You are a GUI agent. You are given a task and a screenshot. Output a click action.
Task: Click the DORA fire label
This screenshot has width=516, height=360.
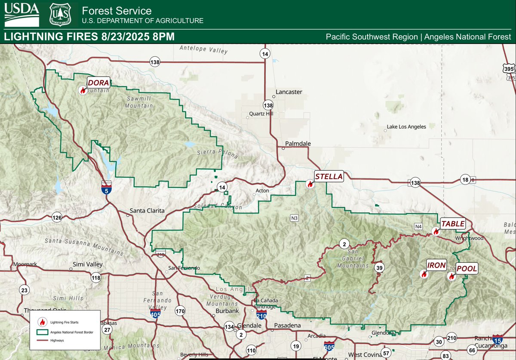pos(99,82)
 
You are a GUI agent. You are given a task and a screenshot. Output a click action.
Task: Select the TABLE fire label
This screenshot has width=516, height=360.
pos(453,224)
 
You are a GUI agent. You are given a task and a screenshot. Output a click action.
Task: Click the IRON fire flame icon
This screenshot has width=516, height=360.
pos(424,274)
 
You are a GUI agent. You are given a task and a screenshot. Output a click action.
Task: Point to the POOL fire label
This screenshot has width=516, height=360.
pos(467,268)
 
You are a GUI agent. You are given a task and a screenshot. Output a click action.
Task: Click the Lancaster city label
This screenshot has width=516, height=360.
pos(289,92)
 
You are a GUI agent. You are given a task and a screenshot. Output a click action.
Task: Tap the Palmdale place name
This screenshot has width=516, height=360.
pos(298,143)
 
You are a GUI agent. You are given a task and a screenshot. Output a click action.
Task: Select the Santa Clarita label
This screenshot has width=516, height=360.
pos(148,211)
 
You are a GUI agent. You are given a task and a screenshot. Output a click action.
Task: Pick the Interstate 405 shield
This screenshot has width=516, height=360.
pos(156,314)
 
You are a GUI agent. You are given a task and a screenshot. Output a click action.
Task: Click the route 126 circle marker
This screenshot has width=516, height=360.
pos(57,217)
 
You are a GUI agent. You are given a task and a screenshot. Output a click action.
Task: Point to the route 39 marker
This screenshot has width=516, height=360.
pos(379,268)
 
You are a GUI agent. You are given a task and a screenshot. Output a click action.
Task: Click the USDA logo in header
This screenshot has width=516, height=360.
pos(21,14)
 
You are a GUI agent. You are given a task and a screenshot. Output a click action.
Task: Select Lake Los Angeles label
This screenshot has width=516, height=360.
pos(406,126)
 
